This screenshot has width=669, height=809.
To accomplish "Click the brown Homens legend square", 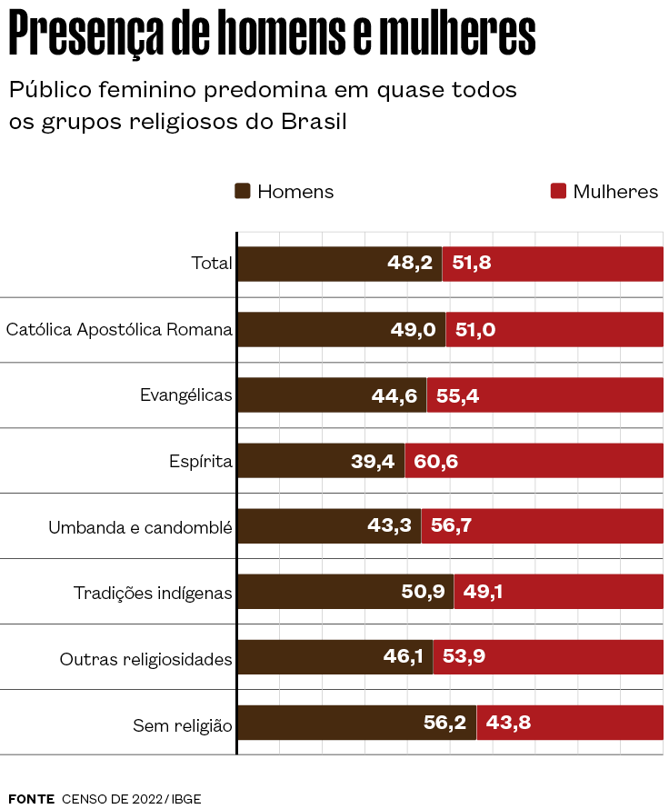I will [x=243, y=192].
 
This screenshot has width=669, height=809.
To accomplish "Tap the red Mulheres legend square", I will [x=558, y=192].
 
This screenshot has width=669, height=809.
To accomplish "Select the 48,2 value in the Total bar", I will [x=410, y=264].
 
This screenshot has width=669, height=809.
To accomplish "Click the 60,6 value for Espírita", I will [x=435, y=461].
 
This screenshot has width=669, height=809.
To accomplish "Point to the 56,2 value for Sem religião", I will [x=444, y=723].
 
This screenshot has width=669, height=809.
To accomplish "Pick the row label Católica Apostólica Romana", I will [x=119, y=329].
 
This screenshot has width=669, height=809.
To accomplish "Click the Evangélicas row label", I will [x=186, y=395].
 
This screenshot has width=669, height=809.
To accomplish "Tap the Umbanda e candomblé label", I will [x=140, y=526].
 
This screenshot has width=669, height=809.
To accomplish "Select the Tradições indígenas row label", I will [x=153, y=593].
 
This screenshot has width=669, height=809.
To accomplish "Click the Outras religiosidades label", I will [x=146, y=658].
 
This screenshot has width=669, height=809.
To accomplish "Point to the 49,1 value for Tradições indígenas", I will [x=483, y=592].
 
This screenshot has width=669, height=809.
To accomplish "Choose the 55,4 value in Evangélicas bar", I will [x=457, y=395].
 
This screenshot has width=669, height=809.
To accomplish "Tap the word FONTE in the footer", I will [x=32, y=798].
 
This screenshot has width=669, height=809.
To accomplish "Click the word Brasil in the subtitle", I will [x=314, y=121].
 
